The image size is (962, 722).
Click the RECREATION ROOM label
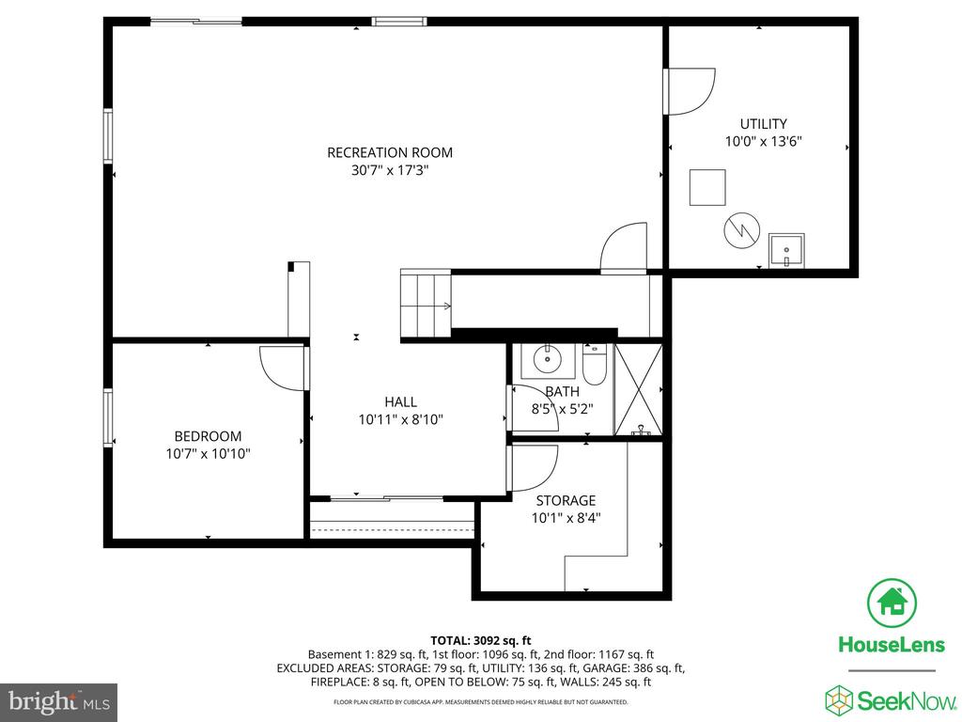(390, 152)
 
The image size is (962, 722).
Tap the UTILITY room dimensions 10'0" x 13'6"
(763, 141)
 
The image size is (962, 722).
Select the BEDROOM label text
(208, 436)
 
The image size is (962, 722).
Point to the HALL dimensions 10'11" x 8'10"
(400, 419)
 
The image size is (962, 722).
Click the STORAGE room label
(566, 500)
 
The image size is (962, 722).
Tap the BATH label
(562, 391)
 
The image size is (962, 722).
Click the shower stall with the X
(638, 390)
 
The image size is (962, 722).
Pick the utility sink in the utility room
(786, 250)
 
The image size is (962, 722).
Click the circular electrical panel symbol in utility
(742, 231)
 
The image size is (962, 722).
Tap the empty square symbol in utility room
(707, 187)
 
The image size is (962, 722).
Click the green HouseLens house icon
(892, 603)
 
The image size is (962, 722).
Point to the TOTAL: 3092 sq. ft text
(480, 641)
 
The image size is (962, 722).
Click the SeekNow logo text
(907, 700)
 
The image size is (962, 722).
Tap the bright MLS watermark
(59, 701)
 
